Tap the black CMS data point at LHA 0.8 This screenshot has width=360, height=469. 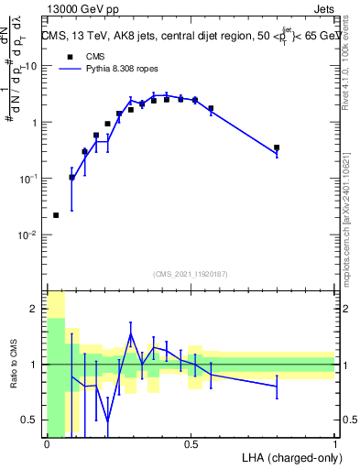pyautogui.click(x=277, y=147)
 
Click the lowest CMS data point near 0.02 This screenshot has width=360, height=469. pyautogui.click(x=56, y=215)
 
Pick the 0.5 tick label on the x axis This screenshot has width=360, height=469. pyautogui.click(x=191, y=444)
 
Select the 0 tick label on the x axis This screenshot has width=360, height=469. pyautogui.click(x=47, y=444)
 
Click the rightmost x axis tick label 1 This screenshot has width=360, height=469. pyautogui.click(x=335, y=444)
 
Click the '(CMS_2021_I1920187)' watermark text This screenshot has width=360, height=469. pyautogui.click(x=190, y=274)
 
